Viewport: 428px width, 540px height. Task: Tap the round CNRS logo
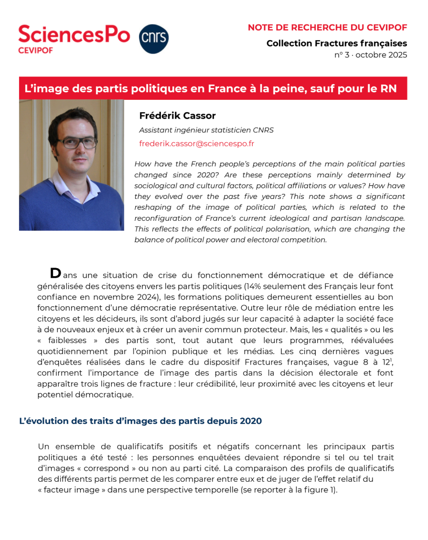[153, 39]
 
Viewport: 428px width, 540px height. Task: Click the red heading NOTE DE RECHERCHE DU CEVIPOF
[327, 27]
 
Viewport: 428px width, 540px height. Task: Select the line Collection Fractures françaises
[337, 43]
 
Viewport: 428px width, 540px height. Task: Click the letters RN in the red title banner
[389, 88]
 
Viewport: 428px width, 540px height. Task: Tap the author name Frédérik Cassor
[177, 116]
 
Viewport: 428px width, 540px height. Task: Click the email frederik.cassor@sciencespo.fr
[196, 143]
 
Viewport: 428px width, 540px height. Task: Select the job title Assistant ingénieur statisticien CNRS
[206, 130]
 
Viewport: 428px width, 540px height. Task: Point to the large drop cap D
[55, 273]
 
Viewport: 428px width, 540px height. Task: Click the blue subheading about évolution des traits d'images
[140, 421]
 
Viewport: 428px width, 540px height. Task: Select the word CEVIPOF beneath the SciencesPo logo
[36, 49]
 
